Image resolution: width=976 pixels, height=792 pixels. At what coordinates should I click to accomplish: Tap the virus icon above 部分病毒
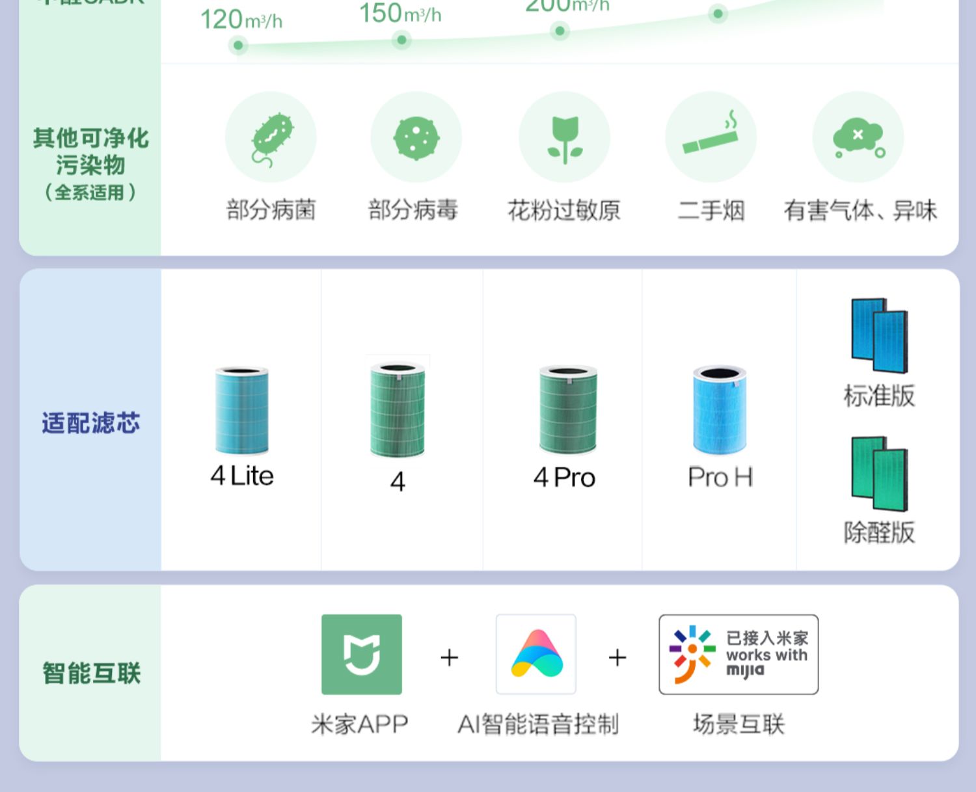point(416,137)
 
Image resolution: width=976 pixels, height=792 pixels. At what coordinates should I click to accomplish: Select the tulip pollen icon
point(564,139)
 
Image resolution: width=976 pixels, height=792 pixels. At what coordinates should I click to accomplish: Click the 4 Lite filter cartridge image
point(241,410)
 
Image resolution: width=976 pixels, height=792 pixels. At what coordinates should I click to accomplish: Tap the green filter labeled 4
point(398,410)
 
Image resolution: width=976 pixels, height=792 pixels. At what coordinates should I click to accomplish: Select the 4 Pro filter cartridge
point(567,409)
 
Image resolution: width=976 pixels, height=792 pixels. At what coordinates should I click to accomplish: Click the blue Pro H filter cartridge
point(719,409)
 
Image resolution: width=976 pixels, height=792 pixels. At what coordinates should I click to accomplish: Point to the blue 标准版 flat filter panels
point(879,335)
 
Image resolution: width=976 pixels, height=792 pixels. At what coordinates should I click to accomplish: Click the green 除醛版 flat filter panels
point(879,473)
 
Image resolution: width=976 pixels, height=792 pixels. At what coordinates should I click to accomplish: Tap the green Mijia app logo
point(362,654)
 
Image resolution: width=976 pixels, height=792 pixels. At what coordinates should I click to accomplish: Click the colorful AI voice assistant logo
point(536,654)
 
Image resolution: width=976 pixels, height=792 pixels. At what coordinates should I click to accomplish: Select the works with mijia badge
point(739,654)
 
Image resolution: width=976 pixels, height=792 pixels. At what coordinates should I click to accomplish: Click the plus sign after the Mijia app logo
point(450,657)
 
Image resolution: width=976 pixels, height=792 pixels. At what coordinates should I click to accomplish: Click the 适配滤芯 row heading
point(91,423)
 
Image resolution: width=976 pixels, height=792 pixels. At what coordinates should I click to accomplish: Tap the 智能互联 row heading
point(91,673)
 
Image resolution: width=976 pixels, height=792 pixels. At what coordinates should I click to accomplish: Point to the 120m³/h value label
point(241,20)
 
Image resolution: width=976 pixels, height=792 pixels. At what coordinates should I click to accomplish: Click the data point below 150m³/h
point(401,40)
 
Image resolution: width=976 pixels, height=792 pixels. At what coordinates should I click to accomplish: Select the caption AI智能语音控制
point(538,724)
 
